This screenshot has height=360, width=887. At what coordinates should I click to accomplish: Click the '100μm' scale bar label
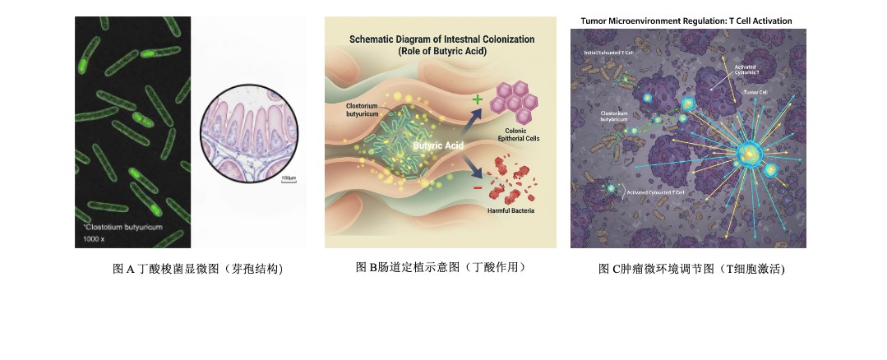(x=288, y=178)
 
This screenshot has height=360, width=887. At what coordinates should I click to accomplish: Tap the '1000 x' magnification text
(x=91, y=238)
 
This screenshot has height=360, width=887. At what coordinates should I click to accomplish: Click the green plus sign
(x=476, y=99)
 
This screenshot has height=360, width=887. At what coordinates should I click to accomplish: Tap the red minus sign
(x=476, y=188)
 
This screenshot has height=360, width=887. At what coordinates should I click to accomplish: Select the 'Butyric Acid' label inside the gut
(x=438, y=145)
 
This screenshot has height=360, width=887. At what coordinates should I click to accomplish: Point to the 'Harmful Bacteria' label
(x=511, y=211)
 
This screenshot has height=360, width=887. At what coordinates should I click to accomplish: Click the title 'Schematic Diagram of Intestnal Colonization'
(x=441, y=39)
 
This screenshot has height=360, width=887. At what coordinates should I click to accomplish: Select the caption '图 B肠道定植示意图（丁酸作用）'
(x=441, y=268)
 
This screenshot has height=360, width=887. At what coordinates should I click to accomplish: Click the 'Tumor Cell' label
(x=755, y=92)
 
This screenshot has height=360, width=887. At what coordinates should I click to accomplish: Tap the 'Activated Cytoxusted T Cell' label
(x=655, y=192)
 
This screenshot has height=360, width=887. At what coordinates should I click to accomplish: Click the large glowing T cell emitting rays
(x=749, y=153)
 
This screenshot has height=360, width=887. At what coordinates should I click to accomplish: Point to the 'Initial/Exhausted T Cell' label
(x=608, y=53)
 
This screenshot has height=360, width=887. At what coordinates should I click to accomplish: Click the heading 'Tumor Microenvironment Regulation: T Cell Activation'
(x=686, y=21)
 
